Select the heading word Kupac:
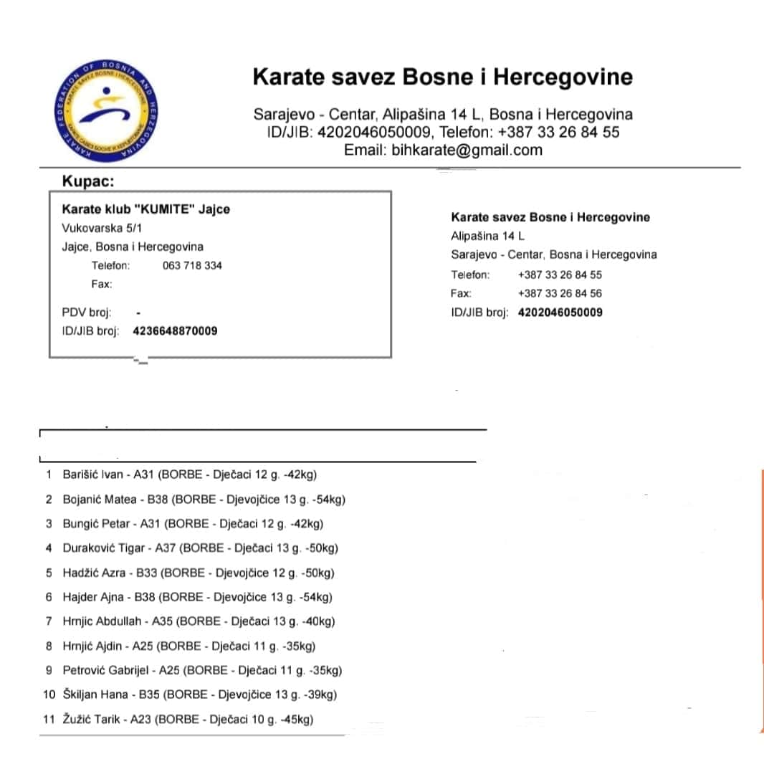click(88, 181)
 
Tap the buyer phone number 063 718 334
click(192, 266)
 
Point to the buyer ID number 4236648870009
click(176, 331)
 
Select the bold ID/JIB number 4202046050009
click(560, 312)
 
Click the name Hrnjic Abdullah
click(102, 621)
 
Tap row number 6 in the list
click(49, 597)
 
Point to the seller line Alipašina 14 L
click(487, 236)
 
